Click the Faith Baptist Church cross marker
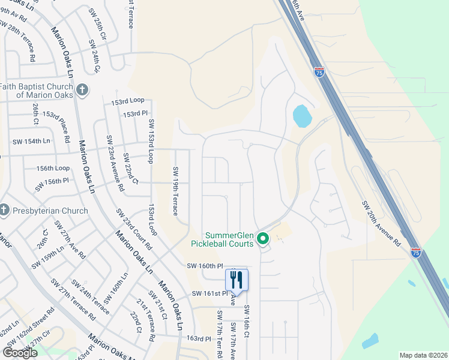point(83,91)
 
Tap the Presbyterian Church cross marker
point(4,211)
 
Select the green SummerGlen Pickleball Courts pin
point(262,239)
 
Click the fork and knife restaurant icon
point(237,280)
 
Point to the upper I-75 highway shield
point(319,71)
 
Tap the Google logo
point(20,353)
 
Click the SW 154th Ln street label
point(32,141)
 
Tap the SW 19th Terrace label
point(175,191)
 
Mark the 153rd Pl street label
point(135,113)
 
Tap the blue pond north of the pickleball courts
point(301,115)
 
